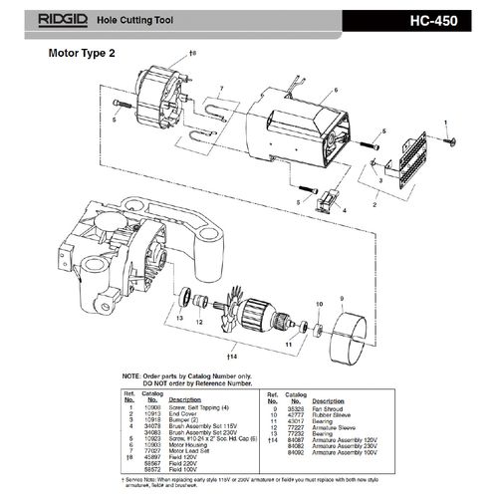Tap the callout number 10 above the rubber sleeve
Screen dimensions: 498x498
(321, 303)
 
